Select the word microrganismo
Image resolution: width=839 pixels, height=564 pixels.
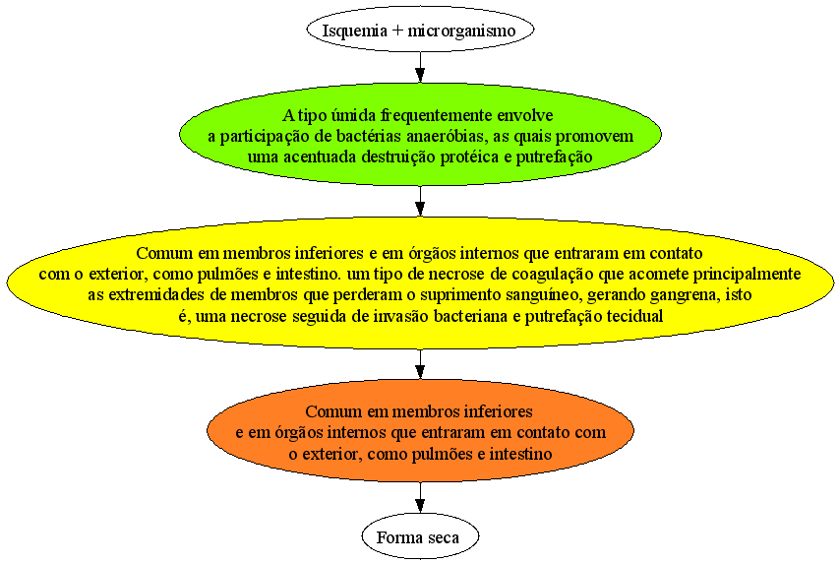pyautogui.click(x=461, y=31)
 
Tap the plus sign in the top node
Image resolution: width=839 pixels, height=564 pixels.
pyautogui.click(x=397, y=31)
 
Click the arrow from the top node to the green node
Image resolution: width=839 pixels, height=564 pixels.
pyautogui.click(x=420, y=67)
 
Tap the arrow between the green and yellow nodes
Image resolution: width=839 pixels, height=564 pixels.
pyautogui.click(x=420, y=201)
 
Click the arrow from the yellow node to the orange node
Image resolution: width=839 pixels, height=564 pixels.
pyautogui.click(x=420, y=364)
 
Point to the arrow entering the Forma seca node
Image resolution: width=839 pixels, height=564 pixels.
pyautogui.click(x=420, y=498)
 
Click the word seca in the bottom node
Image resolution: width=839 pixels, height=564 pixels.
pyautogui.click(x=443, y=537)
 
